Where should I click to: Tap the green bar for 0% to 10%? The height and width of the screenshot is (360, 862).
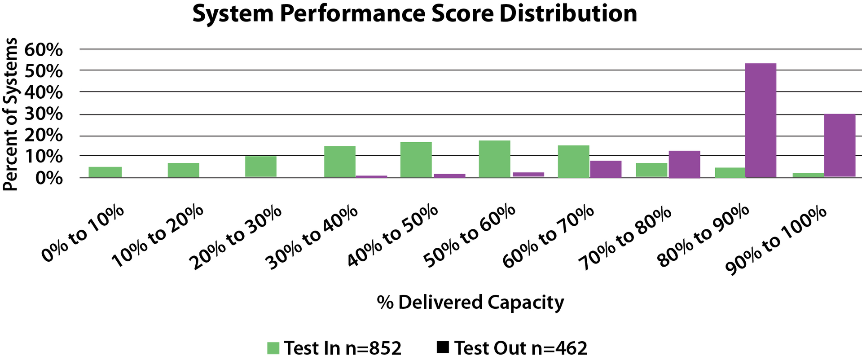point(105,172)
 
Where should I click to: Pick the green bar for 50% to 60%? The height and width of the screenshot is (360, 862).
point(494,159)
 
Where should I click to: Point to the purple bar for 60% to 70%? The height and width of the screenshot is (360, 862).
point(606,169)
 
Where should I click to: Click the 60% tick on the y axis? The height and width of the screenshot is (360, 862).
point(44,50)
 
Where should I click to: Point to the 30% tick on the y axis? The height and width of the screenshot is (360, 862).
point(44,114)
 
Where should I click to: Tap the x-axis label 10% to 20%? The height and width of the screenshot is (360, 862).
point(158,237)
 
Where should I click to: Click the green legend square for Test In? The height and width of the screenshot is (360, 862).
point(273,348)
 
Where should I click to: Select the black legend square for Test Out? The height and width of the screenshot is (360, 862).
point(443,347)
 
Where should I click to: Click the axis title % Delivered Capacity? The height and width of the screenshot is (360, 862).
point(470,302)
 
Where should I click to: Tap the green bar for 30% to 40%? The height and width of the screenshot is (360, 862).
point(339,161)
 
